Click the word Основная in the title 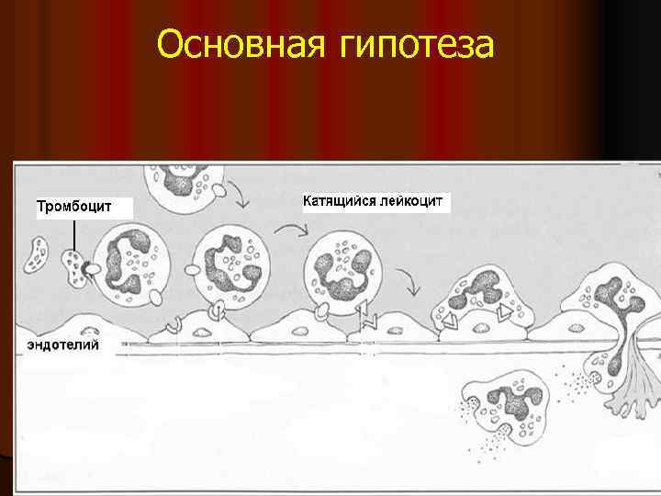point(238,43)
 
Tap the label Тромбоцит point(74,206)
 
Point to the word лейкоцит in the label point(412,201)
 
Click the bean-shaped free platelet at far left point(38,254)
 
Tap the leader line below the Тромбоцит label point(73,234)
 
